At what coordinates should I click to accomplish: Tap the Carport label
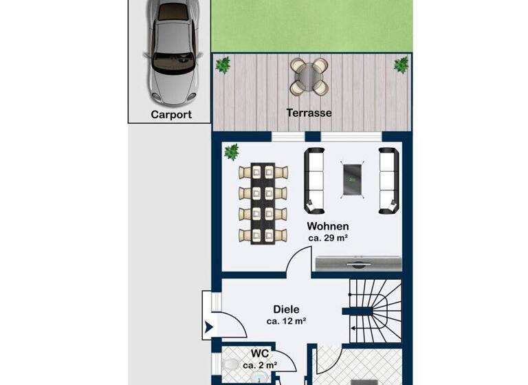(170, 115)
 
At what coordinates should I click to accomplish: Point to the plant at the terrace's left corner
(223, 65)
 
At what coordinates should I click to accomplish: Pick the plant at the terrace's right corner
(401, 65)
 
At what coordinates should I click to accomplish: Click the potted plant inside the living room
(232, 151)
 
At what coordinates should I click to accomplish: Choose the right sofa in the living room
(388, 179)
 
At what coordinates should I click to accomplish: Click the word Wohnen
(328, 226)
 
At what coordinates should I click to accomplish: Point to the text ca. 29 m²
(328, 239)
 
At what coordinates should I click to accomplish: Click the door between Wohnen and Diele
(299, 263)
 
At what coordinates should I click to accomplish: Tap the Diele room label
(286, 309)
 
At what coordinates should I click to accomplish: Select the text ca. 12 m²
(286, 321)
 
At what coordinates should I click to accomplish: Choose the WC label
(259, 353)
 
